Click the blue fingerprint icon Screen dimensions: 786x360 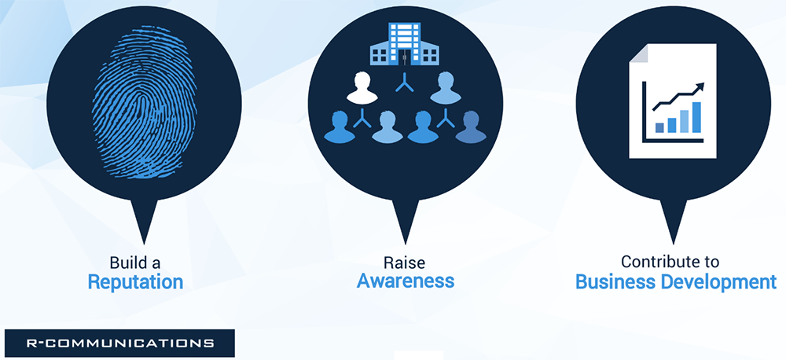pos(144,103)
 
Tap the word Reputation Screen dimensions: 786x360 pos(135,282)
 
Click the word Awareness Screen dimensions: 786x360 pos(406,281)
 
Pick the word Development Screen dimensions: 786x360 pos(720,282)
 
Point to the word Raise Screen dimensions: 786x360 pos(405,262)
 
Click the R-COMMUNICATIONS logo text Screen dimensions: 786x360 pos(120,343)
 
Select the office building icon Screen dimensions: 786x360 pos(405,44)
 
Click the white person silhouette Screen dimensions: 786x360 pos(362,88)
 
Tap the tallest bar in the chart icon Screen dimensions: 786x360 pos(696,117)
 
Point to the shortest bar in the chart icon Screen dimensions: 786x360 pos(659,128)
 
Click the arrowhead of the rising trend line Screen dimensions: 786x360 pos(700,87)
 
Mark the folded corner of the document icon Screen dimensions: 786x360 pos(638,53)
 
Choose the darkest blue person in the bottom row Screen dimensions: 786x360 pos(471,127)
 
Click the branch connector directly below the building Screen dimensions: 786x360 pos(405,84)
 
